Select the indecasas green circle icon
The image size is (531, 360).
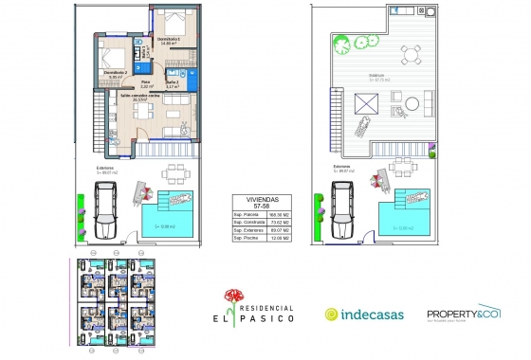(x=332, y=315)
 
